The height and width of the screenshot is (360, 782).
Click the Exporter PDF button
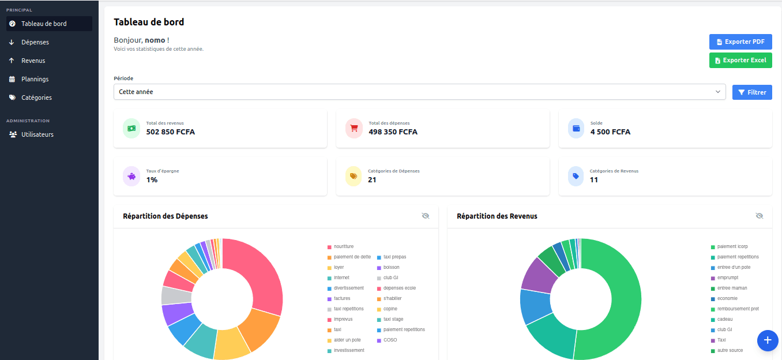click(740, 42)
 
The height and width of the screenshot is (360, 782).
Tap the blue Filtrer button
click(752, 92)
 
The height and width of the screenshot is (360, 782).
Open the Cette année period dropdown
click(419, 92)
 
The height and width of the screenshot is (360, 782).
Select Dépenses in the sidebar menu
click(35, 42)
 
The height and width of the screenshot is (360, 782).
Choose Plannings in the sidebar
click(35, 79)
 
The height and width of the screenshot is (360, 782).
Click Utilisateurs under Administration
click(37, 134)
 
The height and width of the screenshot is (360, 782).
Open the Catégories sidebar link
click(36, 97)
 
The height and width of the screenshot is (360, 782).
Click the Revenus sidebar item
click(33, 61)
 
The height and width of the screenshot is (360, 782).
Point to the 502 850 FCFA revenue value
click(171, 132)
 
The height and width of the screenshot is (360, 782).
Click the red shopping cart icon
click(354, 128)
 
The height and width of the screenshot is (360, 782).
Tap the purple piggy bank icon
click(131, 177)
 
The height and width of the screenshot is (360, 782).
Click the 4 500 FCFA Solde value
click(610, 132)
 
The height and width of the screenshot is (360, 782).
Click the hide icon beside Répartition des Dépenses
click(426, 216)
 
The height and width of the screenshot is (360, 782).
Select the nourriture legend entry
click(343, 247)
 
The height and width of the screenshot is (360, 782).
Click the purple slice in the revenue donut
click(537, 274)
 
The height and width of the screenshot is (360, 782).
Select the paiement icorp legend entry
click(732, 247)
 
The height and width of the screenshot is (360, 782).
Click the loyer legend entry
click(339, 268)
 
